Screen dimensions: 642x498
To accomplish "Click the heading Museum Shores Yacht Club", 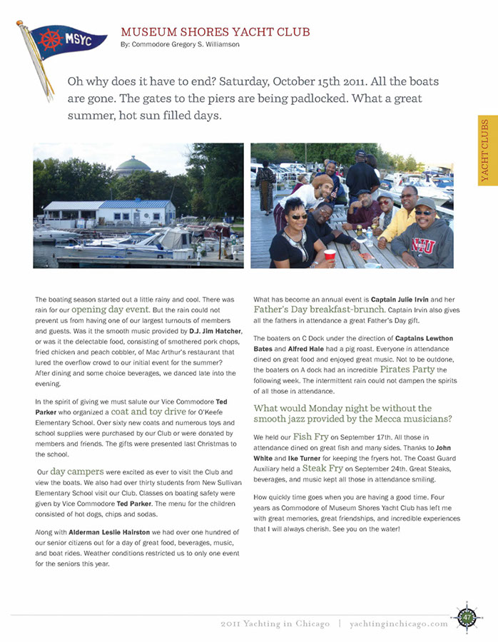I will [215, 31].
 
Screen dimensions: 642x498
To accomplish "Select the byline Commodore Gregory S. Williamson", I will [180, 44].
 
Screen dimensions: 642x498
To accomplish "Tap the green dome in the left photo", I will [133, 165].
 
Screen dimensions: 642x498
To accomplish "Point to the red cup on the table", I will [330, 255].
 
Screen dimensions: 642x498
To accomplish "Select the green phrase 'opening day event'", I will [109, 310].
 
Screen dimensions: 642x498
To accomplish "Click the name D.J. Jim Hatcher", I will [210, 332].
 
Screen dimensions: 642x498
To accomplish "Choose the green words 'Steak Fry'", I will [323, 468].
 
